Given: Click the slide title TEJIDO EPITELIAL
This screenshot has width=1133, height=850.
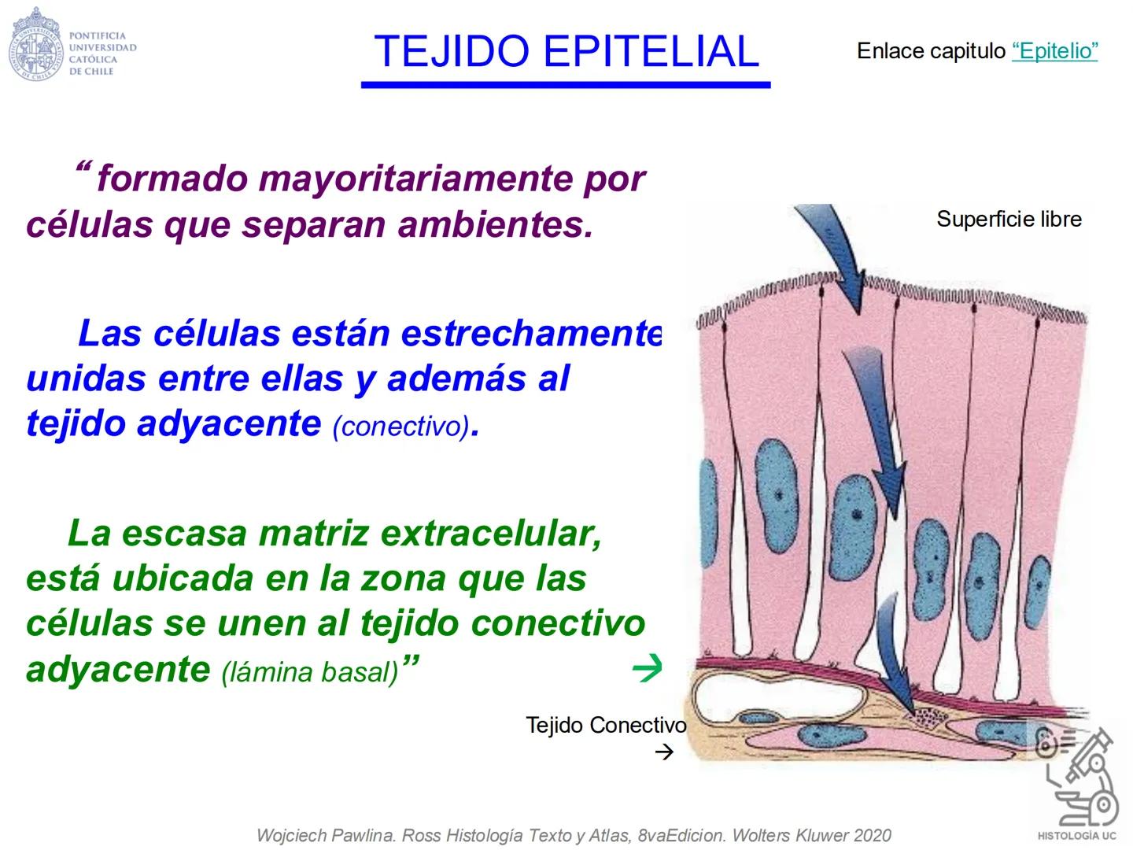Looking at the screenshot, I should (566, 52).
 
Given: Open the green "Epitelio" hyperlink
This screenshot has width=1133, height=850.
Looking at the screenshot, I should (1054, 51).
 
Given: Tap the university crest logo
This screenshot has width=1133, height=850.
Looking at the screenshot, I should (35, 43).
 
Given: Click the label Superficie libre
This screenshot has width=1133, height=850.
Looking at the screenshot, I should (1009, 219).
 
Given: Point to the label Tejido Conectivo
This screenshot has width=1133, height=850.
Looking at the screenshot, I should (605, 725).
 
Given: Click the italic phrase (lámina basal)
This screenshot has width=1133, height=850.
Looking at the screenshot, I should (310, 672).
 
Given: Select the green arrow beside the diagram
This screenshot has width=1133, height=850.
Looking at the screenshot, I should (647, 669).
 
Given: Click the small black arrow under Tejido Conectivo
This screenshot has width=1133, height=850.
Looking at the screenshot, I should (664, 752).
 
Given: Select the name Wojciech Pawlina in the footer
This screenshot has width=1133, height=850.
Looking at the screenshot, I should (323, 836).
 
